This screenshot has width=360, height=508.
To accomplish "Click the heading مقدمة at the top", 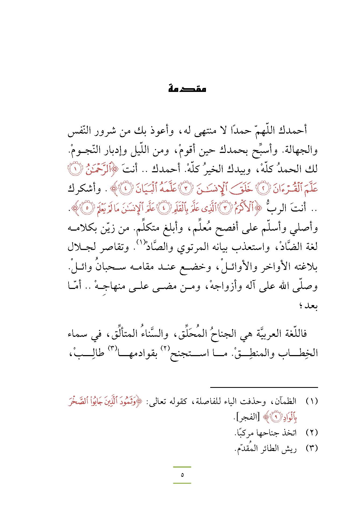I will click(x=187, y=89).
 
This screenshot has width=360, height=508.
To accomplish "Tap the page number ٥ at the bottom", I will click(x=182, y=475).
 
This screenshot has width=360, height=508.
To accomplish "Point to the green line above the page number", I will click(x=182, y=467).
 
